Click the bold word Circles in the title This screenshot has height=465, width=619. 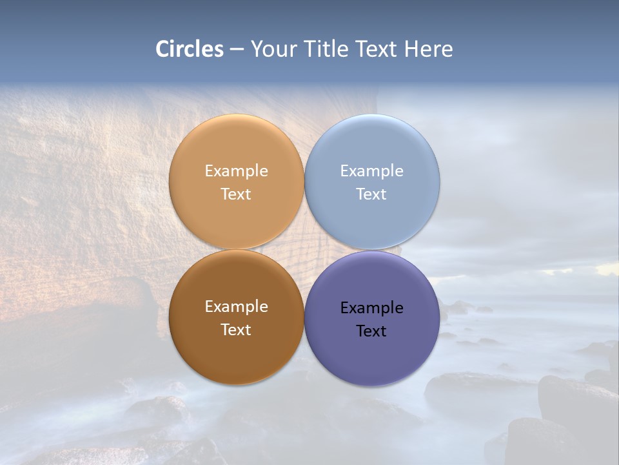pyautogui.click(x=190, y=49)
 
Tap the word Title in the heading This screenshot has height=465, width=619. pyautogui.click(x=325, y=49)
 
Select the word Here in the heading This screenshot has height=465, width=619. pyautogui.click(x=428, y=49)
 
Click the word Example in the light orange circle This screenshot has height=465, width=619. pyautogui.click(x=236, y=171)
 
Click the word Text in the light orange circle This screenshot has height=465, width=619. pyautogui.click(x=236, y=194)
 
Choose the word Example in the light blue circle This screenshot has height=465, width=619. pyautogui.click(x=371, y=171)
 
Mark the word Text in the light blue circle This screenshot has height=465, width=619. pyautogui.click(x=371, y=194)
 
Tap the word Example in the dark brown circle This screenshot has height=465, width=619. pyautogui.click(x=236, y=307)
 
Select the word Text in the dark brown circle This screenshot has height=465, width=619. pyautogui.click(x=236, y=330)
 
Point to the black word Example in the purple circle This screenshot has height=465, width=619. pyautogui.click(x=371, y=308)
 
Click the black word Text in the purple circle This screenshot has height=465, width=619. pyautogui.click(x=371, y=331)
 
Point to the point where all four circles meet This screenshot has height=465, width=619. pyautogui.click(x=304, y=249)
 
